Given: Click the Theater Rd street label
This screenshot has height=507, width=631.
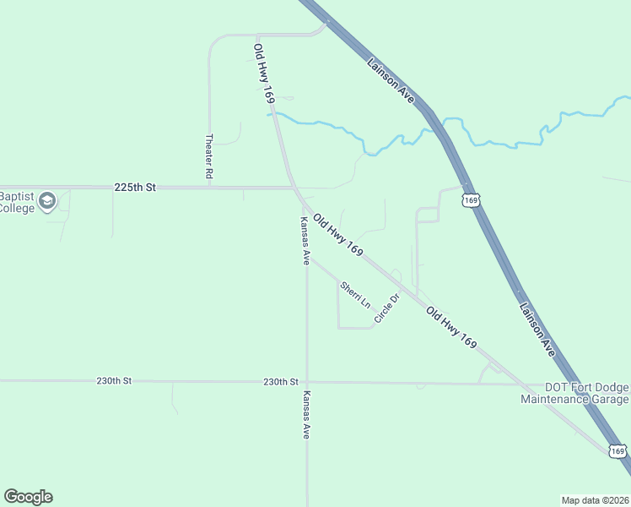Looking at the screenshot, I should pyautogui.click(x=208, y=155).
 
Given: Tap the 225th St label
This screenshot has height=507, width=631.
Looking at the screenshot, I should pyautogui.click(x=136, y=188).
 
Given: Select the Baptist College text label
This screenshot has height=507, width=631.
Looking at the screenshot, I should pyautogui.click(x=16, y=202).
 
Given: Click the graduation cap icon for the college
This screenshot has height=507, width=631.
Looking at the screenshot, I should pyautogui.click(x=47, y=201).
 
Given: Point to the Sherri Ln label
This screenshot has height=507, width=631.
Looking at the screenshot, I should pyautogui.click(x=354, y=294).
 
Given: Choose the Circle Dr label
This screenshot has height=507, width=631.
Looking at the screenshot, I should pyautogui.click(x=386, y=308).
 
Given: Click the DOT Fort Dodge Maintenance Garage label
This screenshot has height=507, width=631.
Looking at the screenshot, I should pyautogui.click(x=574, y=393).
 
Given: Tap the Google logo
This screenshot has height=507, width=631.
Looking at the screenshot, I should pyautogui.click(x=28, y=497).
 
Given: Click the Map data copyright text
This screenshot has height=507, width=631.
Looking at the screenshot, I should pyautogui.click(x=595, y=499).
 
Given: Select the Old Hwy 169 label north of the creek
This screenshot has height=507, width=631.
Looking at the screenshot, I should pyautogui.click(x=264, y=74).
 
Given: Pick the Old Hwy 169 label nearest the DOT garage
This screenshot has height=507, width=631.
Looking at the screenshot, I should pyautogui.click(x=451, y=328).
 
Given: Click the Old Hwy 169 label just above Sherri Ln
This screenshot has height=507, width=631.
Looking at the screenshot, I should pyautogui.click(x=337, y=236).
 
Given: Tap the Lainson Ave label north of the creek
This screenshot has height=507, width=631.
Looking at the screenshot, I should pyautogui.click(x=391, y=80).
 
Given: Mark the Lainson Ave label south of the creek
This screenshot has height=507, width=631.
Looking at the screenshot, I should pyautogui.click(x=537, y=330).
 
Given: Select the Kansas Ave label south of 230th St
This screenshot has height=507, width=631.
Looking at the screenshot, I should pyautogui.click(x=307, y=415).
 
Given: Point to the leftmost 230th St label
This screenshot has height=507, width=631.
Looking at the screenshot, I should pyautogui.click(x=114, y=381).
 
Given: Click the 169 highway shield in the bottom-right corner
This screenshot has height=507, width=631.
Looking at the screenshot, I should pyautogui.click(x=618, y=452).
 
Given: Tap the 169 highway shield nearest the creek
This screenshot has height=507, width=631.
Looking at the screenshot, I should pyautogui.click(x=471, y=200).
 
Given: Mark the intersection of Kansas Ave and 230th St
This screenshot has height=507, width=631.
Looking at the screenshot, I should pyautogui.click(x=307, y=382).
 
